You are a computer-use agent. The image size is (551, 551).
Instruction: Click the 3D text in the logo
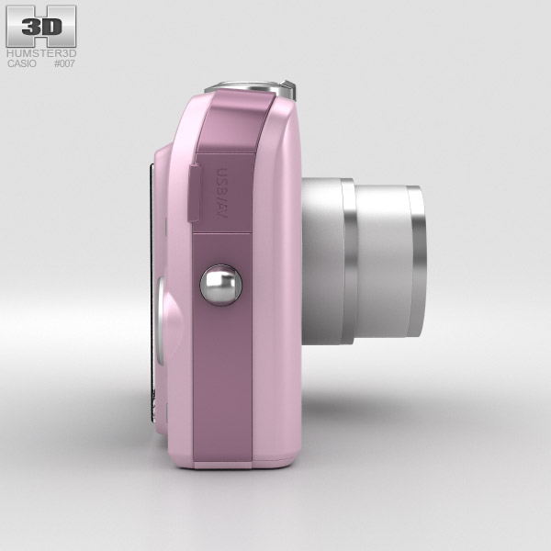click(40, 27)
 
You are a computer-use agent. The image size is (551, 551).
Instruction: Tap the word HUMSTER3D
click(41, 54)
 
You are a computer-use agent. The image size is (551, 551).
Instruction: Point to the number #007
click(64, 64)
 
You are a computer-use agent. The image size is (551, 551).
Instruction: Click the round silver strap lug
click(220, 285)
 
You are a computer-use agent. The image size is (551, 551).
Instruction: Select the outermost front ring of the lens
click(416, 262)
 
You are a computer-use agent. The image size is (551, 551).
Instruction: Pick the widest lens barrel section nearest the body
click(321, 262)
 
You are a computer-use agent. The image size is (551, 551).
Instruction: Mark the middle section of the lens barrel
click(381, 262)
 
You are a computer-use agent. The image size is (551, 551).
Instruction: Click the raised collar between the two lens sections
click(349, 262)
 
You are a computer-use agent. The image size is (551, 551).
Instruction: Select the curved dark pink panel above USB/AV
click(235, 124)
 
